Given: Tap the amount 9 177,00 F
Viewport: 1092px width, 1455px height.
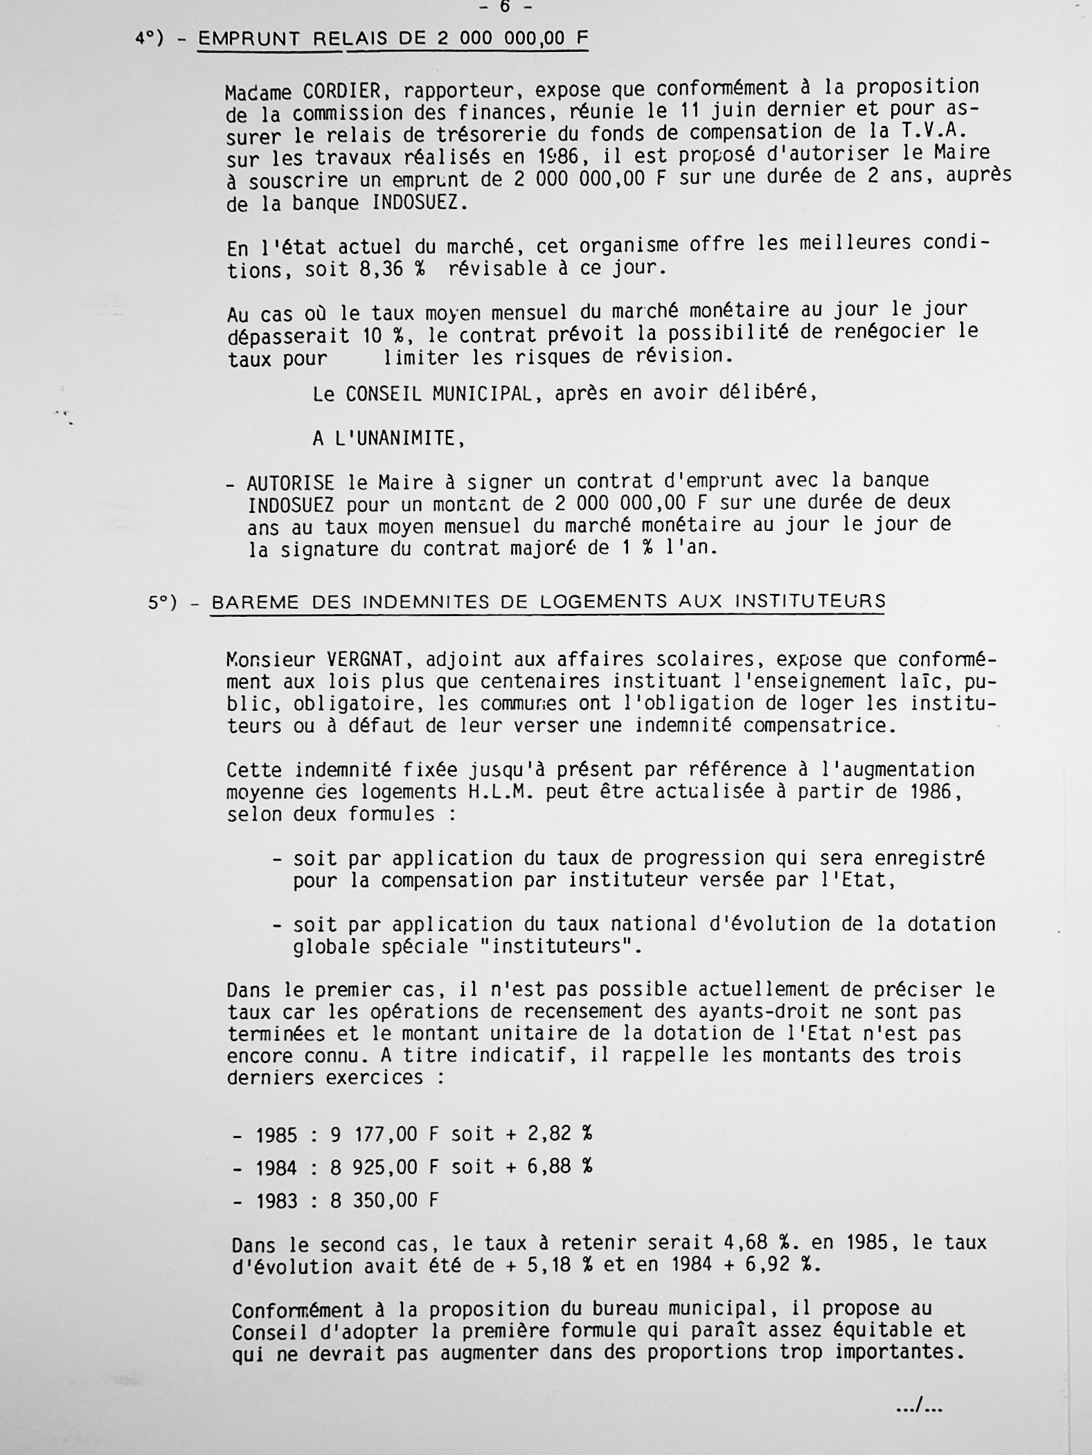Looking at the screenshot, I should pyautogui.click(x=384, y=1134).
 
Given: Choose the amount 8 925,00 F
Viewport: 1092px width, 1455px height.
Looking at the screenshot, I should pyautogui.click(x=384, y=1167).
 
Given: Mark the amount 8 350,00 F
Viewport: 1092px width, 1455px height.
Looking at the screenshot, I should pyautogui.click(x=384, y=1200).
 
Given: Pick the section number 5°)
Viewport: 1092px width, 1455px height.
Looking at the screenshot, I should pyautogui.click(x=163, y=603).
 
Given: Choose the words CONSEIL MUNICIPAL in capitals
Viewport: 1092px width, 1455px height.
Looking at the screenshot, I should pyautogui.click(x=438, y=394).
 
